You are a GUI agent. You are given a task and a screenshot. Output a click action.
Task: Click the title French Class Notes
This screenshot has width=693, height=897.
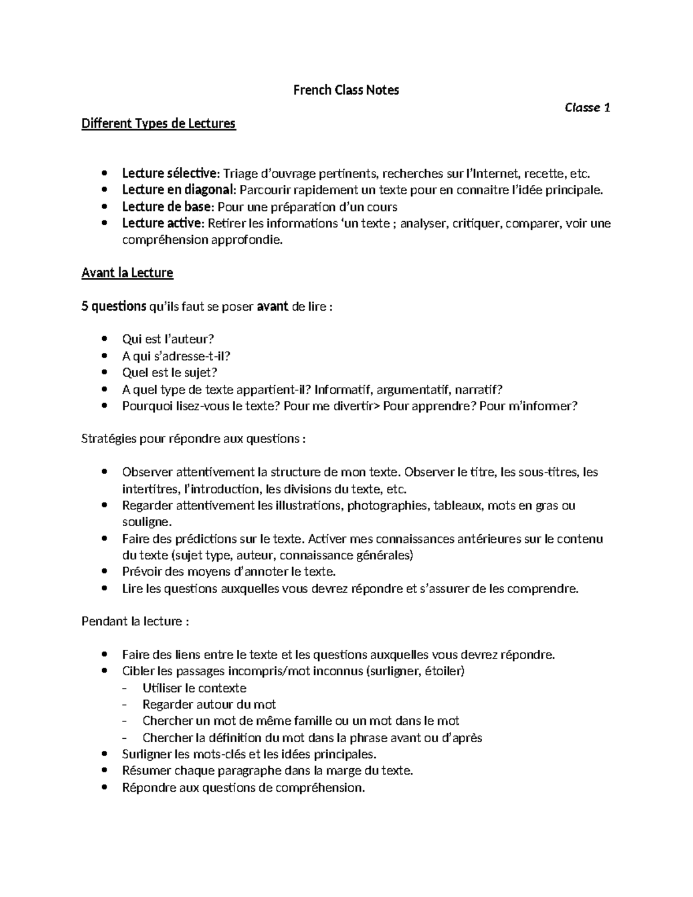[x=346, y=90]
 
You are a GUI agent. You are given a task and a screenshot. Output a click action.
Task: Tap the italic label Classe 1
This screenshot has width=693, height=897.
[x=587, y=107]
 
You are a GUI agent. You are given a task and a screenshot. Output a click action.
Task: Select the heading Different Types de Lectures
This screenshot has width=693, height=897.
[x=159, y=124]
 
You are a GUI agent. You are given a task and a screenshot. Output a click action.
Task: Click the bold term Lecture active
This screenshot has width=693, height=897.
[x=162, y=224]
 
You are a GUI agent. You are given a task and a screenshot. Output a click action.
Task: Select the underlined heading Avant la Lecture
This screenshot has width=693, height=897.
[x=127, y=273]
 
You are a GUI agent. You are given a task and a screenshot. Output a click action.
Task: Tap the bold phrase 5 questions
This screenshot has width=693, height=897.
[x=114, y=306]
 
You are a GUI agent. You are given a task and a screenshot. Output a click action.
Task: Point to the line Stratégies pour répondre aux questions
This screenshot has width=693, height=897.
[x=193, y=439]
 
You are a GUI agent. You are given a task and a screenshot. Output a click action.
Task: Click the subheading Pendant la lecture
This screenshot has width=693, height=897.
[x=135, y=622]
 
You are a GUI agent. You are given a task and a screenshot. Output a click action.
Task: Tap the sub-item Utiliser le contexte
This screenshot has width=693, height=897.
[x=194, y=688]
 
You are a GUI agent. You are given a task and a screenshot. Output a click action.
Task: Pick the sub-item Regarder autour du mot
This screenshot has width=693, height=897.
[x=208, y=705]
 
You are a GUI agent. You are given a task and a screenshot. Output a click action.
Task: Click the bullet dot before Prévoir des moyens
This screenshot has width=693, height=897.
[x=104, y=572]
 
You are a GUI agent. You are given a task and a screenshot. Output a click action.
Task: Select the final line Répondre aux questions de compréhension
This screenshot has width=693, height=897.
[x=243, y=788]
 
